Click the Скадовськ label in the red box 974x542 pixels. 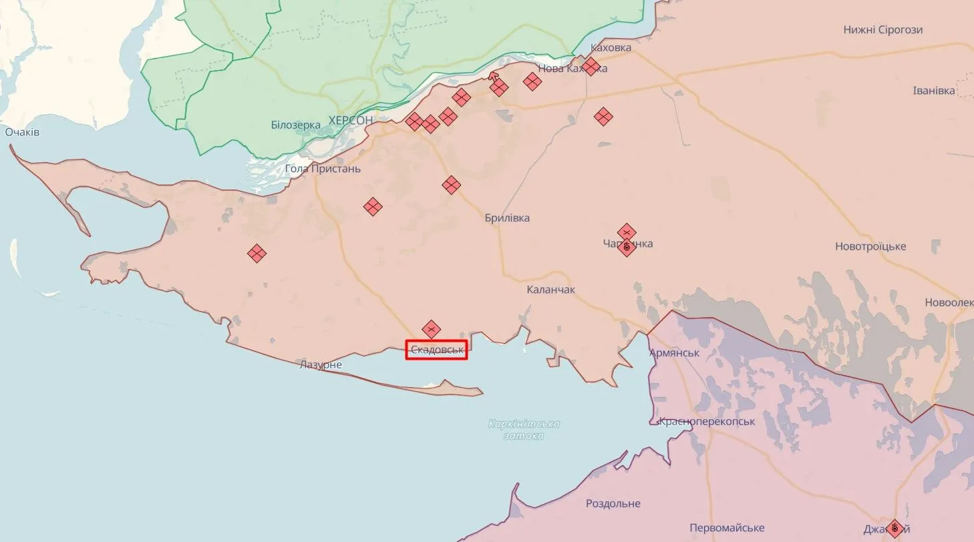click(437, 350)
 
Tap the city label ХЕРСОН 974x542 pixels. click(350, 120)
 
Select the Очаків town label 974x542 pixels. click(22, 132)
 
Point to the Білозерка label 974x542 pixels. click(296, 125)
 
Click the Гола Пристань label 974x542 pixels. click(323, 168)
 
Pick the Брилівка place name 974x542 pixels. click(507, 218)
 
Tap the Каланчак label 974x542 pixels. click(550, 290)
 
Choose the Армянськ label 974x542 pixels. click(674, 352)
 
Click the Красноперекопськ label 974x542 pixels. click(707, 422)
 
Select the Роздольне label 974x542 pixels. click(613, 503)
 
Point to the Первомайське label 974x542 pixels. click(727, 528)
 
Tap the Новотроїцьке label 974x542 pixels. click(870, 246)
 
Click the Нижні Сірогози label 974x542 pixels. click(882, 29)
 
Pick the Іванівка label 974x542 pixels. click(934, 91)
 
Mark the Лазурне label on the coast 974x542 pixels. click(321, 364)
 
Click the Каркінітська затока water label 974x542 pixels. click(524, 429)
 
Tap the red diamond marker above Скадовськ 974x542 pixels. click(432, 328)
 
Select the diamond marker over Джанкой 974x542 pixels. click(895, 528)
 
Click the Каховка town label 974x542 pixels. click(611, 47)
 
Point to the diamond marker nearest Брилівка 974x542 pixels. click(452, 184)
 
